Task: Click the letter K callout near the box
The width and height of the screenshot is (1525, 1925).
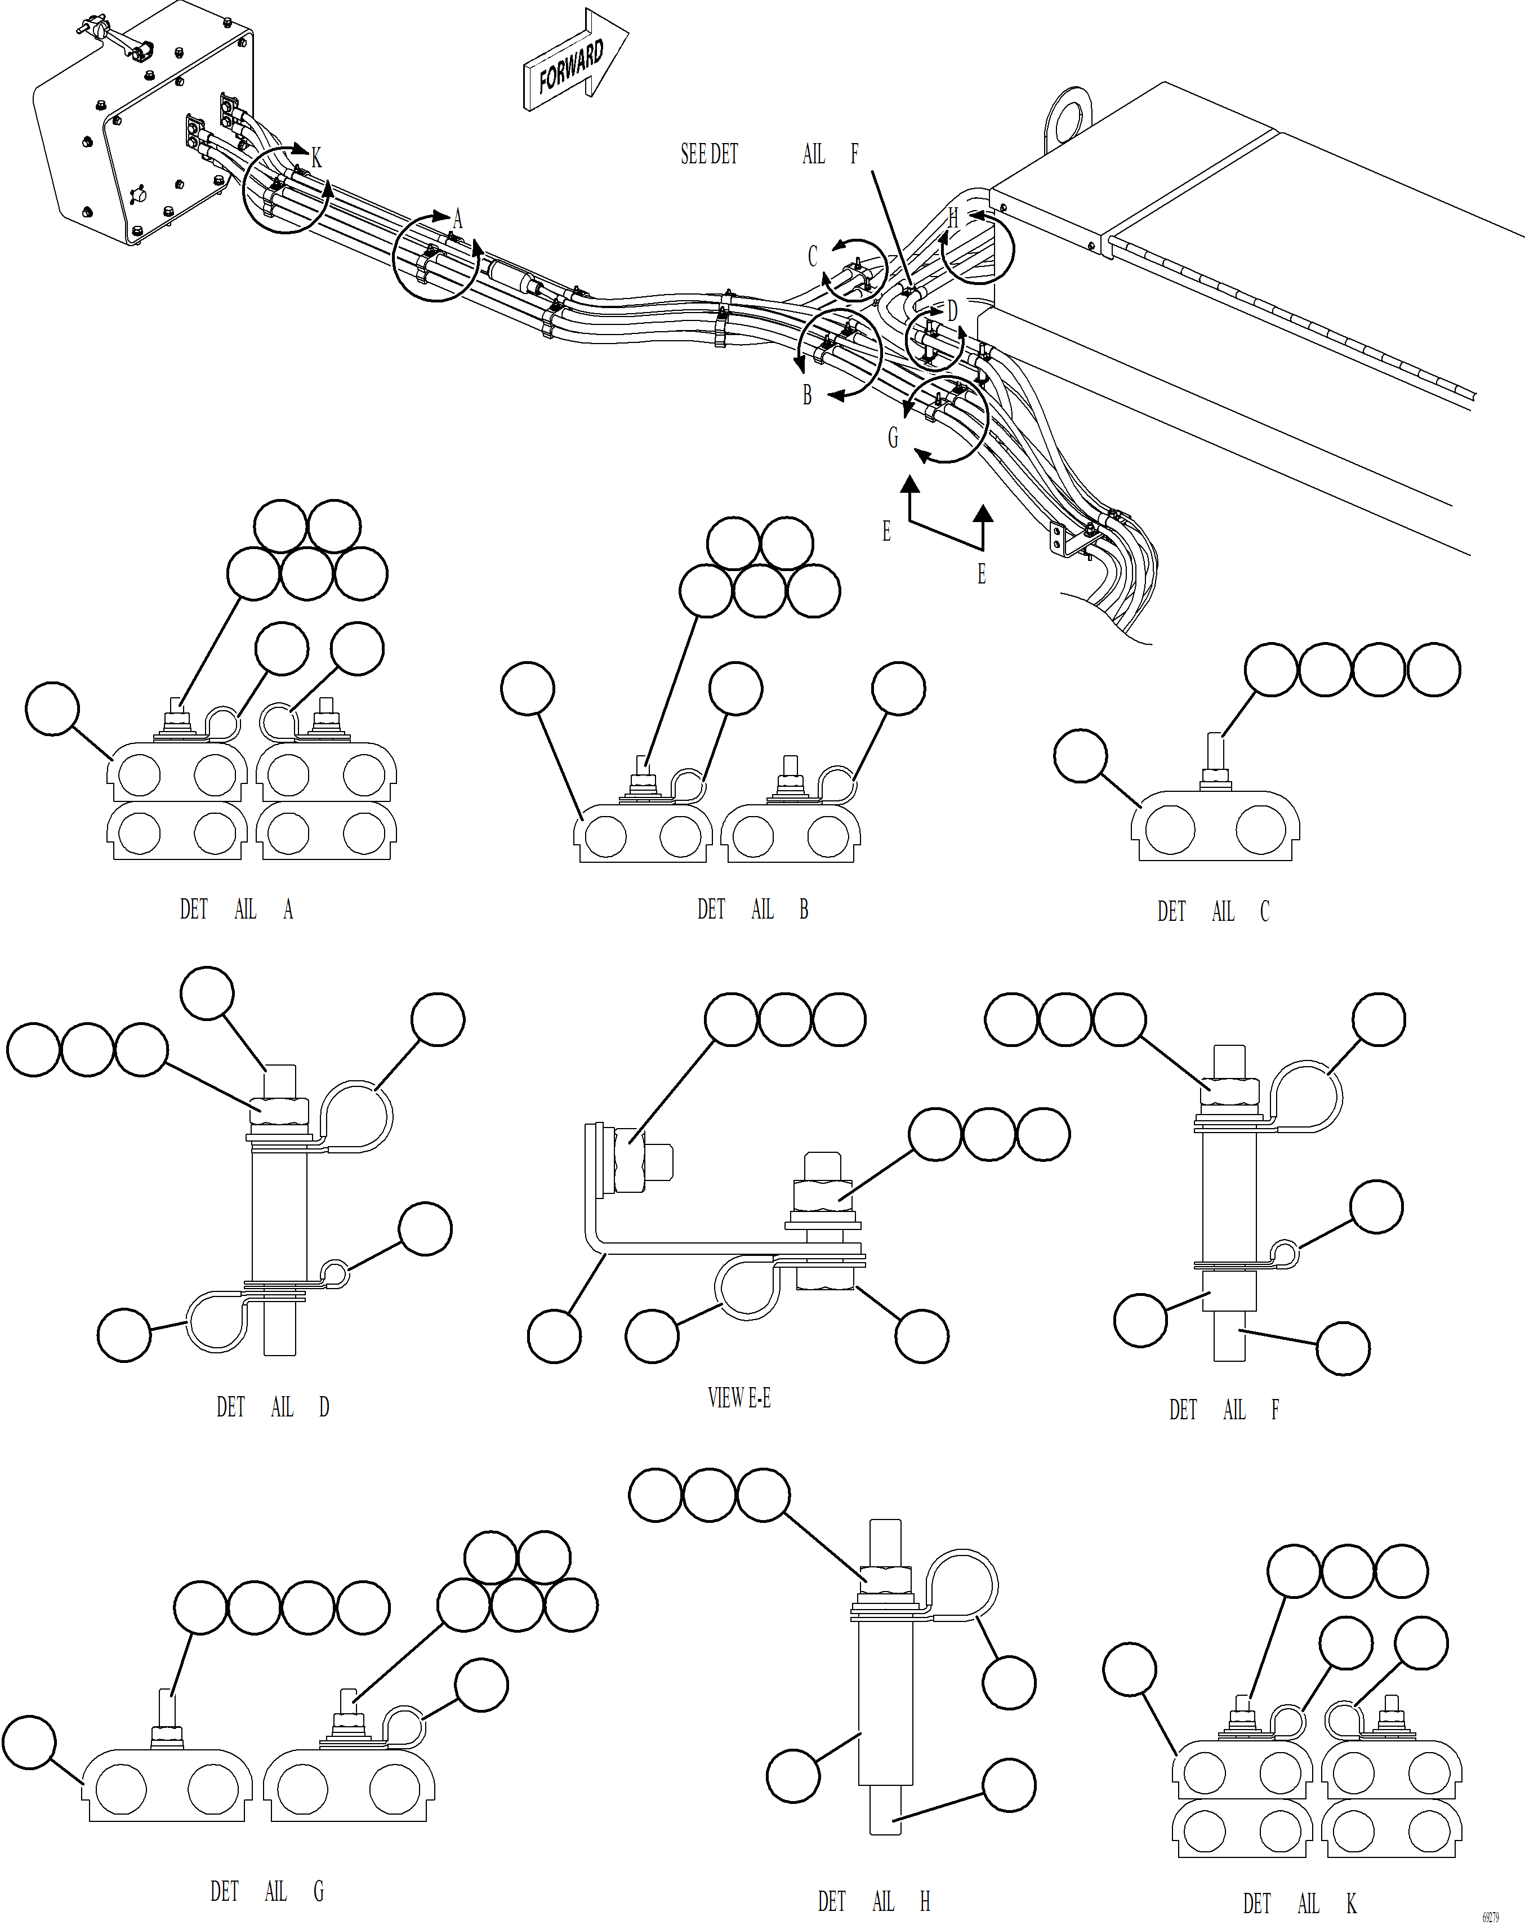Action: coord(316,158)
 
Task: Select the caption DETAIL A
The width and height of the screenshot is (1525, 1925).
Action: coord(237,910)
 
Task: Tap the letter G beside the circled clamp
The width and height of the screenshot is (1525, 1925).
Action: coord(893,438)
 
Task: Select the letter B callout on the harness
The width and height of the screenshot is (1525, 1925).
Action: coord(807,395)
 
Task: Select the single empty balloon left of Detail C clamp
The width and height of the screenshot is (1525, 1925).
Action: coord(1080,755)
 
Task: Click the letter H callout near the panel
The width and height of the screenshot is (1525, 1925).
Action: coord(953,217)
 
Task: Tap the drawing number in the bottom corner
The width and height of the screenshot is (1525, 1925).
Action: coord(1490,1917)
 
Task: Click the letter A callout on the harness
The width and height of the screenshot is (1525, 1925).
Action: coord(458,219)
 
